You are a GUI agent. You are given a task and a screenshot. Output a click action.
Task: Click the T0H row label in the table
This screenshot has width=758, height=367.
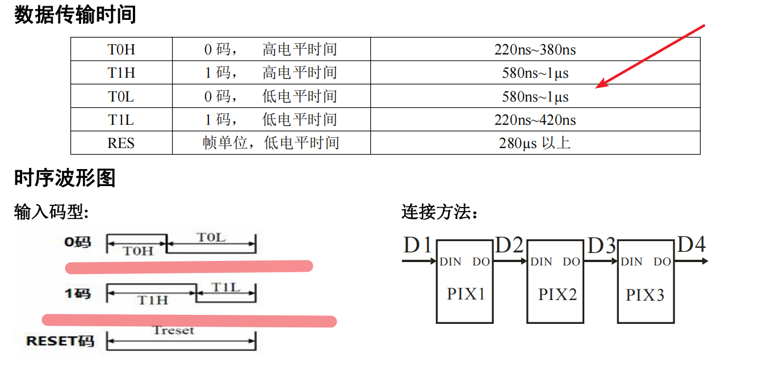pos(121,49)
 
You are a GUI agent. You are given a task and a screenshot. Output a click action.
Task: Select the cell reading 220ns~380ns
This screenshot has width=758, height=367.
pos(535,49)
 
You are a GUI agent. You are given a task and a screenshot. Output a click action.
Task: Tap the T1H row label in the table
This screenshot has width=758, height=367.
pos(121,73)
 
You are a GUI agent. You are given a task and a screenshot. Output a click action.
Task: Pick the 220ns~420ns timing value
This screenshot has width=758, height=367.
pos(535,120)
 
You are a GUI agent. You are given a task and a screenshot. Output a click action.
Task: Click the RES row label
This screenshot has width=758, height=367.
pos(121,143)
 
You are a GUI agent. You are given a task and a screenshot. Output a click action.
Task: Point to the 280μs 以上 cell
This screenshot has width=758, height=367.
pos(535,143)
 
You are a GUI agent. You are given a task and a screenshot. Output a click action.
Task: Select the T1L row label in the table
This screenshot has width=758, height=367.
pos(121,120)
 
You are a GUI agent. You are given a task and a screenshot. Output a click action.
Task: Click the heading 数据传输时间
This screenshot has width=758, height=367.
pos(75,15)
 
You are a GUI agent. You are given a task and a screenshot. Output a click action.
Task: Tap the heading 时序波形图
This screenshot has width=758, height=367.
pos(65,178)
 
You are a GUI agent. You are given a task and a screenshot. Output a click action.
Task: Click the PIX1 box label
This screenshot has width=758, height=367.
pos(466,294)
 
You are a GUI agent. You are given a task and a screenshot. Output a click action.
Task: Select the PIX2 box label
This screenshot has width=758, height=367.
pos(557,294)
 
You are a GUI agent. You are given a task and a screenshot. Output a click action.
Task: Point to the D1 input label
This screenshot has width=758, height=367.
pos(418,245)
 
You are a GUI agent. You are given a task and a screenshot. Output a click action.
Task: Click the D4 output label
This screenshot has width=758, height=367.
pos(692,244)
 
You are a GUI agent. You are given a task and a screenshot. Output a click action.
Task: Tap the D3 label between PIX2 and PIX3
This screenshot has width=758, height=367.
pos(601,246)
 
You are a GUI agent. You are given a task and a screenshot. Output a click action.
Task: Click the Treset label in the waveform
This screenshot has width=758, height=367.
pos(173,330)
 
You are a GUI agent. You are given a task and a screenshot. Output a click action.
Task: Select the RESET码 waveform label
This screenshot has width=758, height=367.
pos(60,341)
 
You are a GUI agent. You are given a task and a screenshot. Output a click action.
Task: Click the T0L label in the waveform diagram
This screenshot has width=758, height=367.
pos(211,237)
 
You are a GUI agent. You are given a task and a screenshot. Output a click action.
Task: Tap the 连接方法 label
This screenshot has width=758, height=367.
pos(439,213)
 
